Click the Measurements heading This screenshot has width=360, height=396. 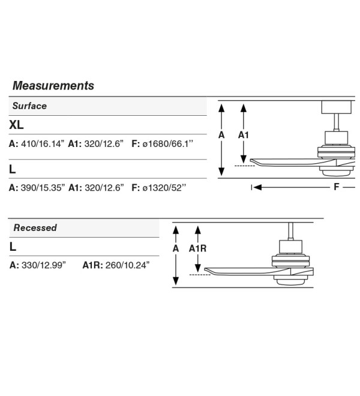click(x=53, y=86)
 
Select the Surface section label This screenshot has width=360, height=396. click(x=29, y=106)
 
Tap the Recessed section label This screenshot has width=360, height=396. click(x=35, y=227)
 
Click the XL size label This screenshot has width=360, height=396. click(x=16, y=125)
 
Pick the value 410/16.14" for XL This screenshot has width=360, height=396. click(x=43, y=144)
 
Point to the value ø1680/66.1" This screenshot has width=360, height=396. click(x=168, y=144)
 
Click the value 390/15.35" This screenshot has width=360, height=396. click(x=43, y=188)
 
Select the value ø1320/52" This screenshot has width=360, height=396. click(x=164, y=188)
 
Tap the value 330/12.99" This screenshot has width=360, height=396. click(x=44, y=265)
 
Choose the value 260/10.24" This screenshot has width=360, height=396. click(x=127, y=265)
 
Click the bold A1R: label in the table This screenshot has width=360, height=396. click(x=93, y=265)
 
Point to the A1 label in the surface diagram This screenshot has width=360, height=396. click(x=243, y=135)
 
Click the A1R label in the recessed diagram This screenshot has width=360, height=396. click(x=197, y=249)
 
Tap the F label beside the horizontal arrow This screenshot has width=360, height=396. click(x=336, y=187)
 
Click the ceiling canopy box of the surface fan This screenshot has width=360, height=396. click(x=336, y=107)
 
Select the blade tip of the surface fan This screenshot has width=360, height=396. click(x=251, y=161)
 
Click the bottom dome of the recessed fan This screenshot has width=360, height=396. click(x=291, y=281)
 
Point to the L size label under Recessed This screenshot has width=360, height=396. click(x=13, y=247)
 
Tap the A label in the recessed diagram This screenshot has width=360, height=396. click(x=176, y=249)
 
